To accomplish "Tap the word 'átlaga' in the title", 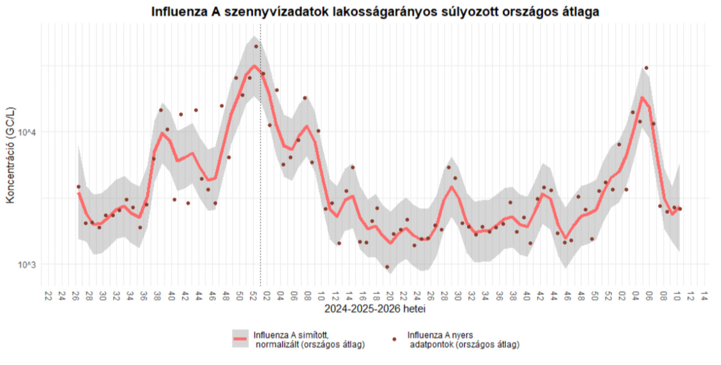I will [x=581, y=12].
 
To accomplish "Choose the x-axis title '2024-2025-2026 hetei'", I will [x=375, y=307].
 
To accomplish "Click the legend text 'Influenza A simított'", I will [x=287, y=335].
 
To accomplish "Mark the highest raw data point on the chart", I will [x=256, y=47].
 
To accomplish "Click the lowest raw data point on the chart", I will [x=387, y=267].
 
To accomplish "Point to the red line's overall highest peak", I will [x=254, y=66].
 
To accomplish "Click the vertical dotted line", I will [x=261, y=166].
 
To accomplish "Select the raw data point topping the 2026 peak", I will [x=646, y=68].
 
